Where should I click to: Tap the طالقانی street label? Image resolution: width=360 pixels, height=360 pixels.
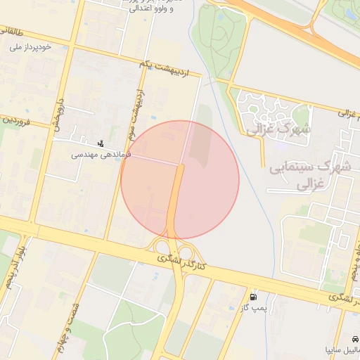(x=12, y=32)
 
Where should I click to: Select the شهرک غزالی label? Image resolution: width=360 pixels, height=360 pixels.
(x=279, y=129)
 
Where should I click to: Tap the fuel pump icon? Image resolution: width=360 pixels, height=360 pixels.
(x=254, y=297)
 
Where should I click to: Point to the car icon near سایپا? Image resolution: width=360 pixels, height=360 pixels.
(x=356, y=336)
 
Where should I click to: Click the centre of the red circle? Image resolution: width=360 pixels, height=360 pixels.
(x=180, y=180)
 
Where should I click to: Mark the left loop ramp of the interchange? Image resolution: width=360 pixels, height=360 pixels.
(x=162, y=247)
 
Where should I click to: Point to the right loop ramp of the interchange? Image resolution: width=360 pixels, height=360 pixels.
(x=187, y=251)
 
